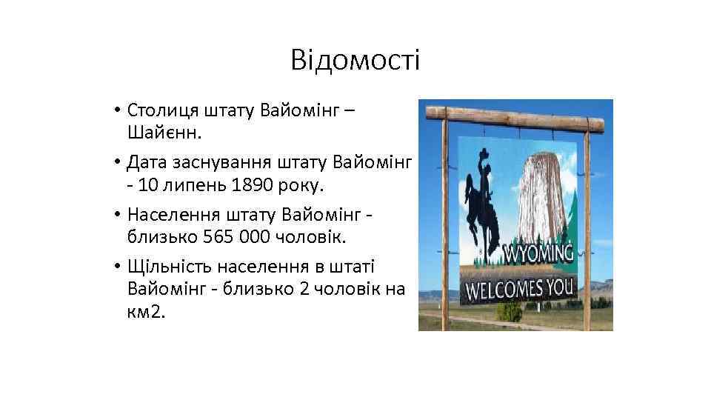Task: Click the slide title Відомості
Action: (355, 60)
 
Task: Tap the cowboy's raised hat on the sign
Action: (484, 154)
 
